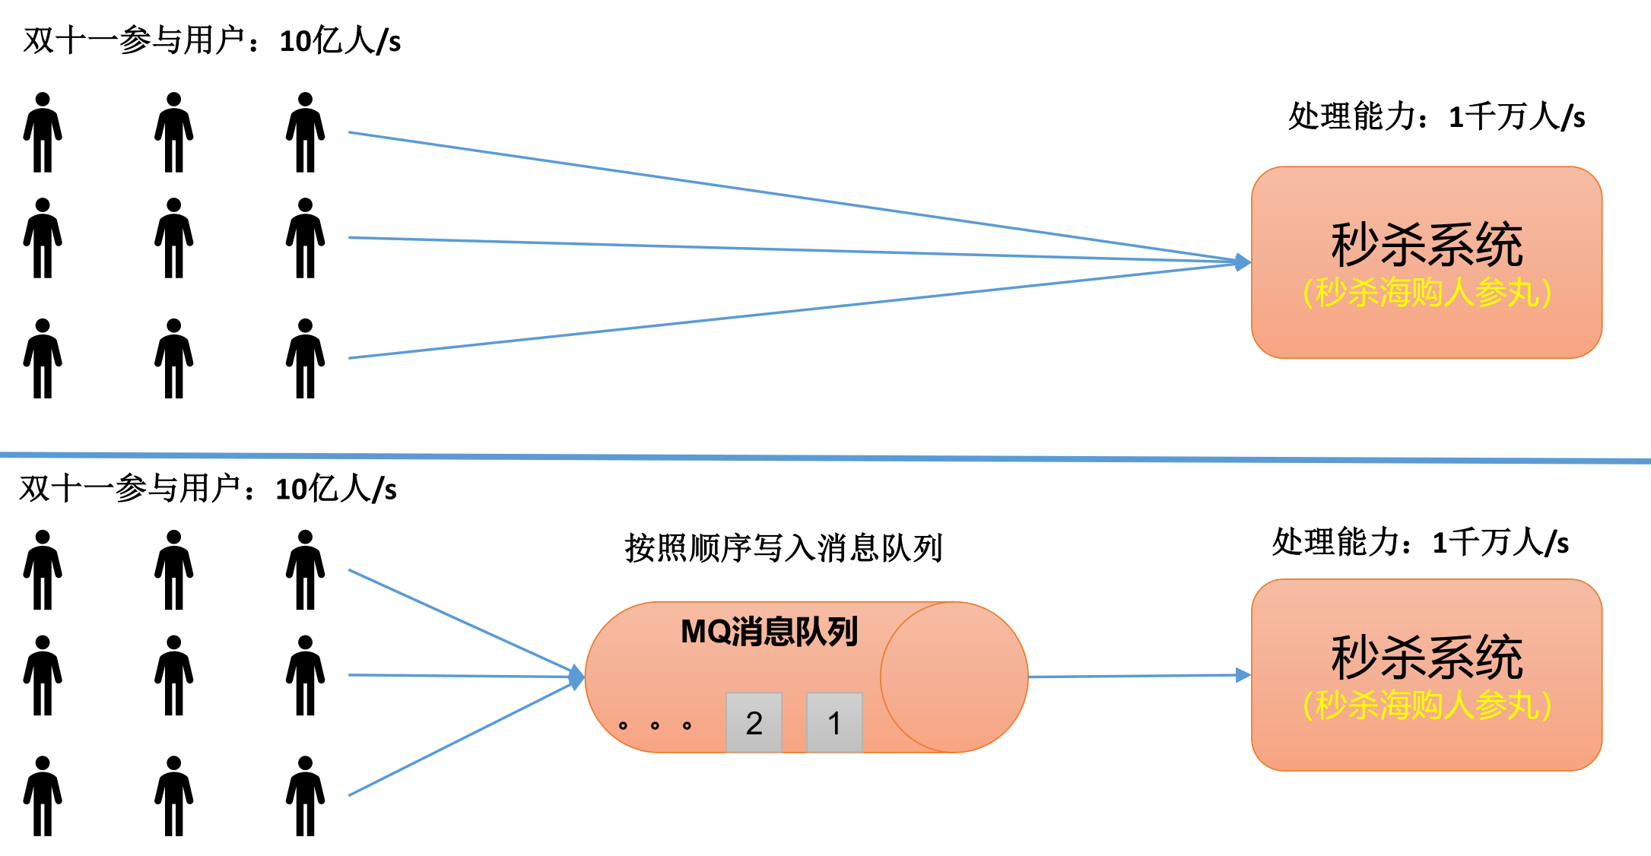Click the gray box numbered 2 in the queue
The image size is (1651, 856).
pos(754,722)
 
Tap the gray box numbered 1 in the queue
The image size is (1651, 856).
pos(834,722)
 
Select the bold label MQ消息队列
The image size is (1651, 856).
pos(769,632)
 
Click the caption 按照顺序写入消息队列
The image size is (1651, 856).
pos(783,548)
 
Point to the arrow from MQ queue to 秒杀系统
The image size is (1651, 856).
pos(1133,676)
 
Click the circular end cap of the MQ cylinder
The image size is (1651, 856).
pos(954,677)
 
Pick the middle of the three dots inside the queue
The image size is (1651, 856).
pos(655,725)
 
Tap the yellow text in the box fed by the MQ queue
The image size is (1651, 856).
pos(1427,705)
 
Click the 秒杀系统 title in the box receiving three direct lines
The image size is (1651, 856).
pos(1427,245)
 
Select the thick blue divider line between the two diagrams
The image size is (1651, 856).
pos(825,458)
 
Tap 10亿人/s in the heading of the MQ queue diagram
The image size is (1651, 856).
pos(336,489)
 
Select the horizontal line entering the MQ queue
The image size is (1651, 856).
pos(456,676)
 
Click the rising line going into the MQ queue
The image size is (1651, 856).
pos(456,741)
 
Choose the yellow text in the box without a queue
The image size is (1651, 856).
pos(1427,293)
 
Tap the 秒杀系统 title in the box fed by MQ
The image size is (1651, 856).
pos(1427,658)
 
